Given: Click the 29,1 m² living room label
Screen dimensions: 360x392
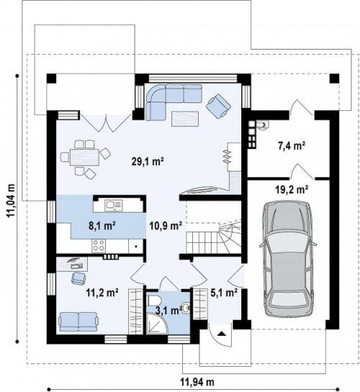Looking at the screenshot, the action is click(148, 161).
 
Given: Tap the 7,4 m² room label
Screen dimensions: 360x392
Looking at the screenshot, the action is click(292, 146).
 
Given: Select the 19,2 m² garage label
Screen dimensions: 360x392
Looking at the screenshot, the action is click(292, 190).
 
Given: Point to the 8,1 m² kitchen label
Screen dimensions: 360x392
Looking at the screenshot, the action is click(102, 226).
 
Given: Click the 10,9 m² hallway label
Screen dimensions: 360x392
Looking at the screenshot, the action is click(166, 226).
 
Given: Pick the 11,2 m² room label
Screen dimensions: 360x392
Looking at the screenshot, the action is click(102, 292).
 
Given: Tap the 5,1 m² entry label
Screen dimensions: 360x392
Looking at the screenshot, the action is click(224, 293).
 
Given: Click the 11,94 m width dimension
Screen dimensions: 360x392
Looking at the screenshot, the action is click(197, 382).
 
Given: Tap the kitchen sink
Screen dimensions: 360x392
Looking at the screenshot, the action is click(114, 205).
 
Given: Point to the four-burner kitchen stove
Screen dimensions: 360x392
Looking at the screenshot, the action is click(99, 246).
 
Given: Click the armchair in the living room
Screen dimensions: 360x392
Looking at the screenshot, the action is click(218, 106).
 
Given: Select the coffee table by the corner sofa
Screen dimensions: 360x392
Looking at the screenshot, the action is click(185, 119).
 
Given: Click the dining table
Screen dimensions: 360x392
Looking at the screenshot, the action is click(85, 157).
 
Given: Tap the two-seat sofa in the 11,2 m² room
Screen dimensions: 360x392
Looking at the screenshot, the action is click(78, 322).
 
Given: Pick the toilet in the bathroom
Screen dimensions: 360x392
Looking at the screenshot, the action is click(152, 300).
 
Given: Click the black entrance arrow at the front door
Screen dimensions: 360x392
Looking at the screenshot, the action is click(221, 334).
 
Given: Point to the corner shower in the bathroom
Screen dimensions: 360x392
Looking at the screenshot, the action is click(157, 324).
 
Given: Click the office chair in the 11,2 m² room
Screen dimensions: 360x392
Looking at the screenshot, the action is click(78, 278).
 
